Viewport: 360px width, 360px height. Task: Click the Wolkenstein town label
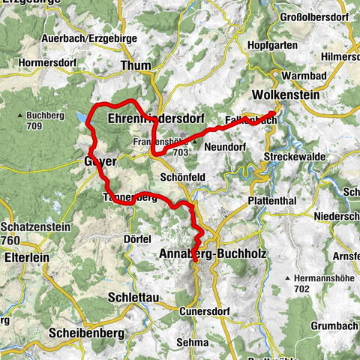click(286, 96)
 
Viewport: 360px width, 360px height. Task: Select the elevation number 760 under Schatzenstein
click(11, 240)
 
